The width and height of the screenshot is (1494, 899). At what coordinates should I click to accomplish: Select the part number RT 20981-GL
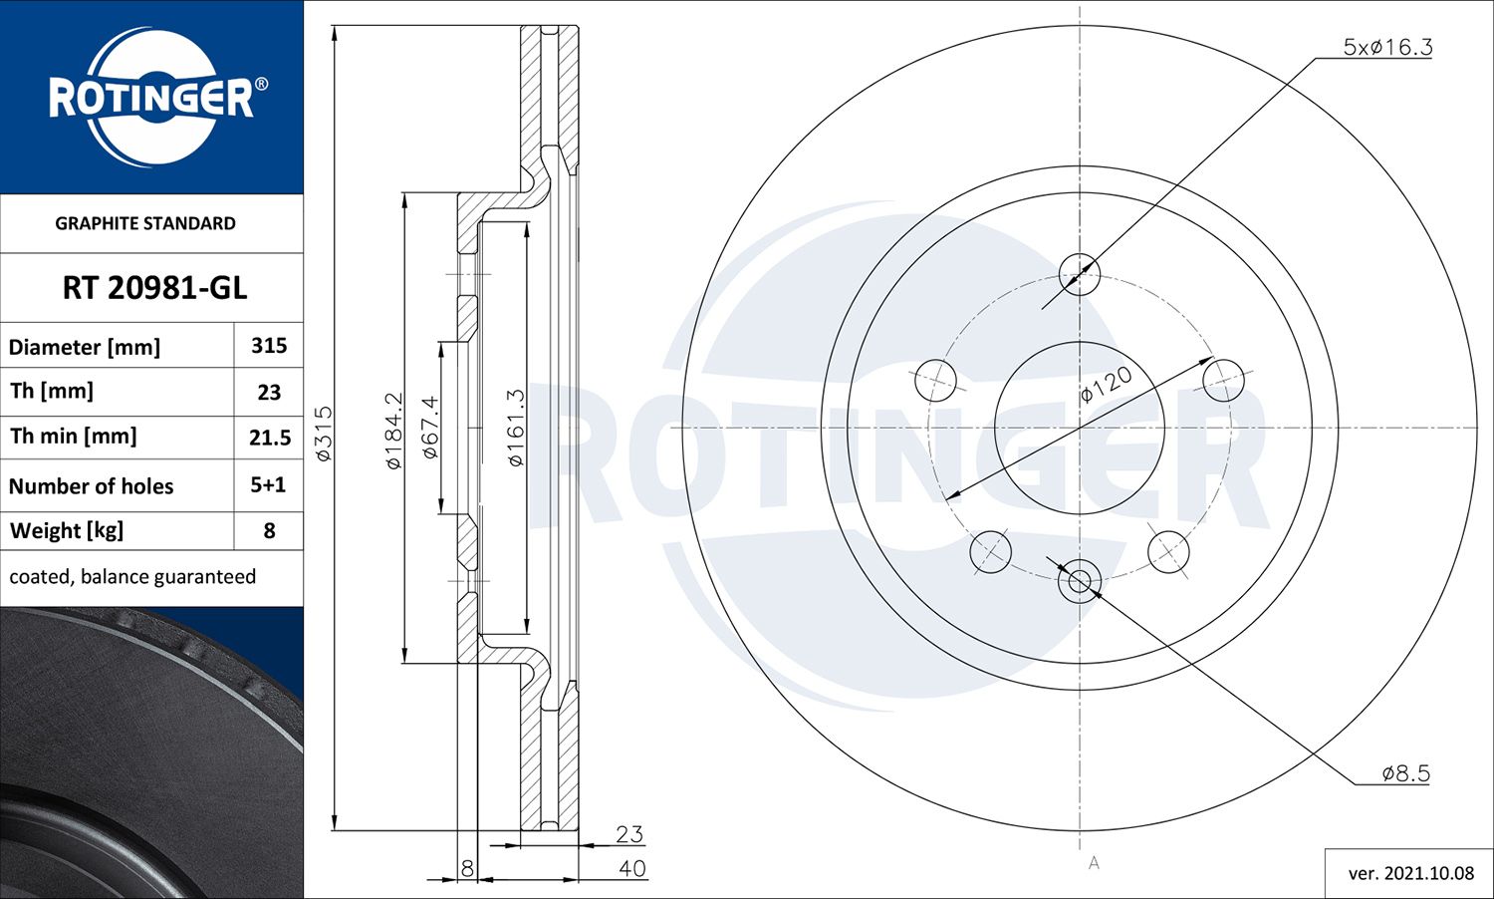pos(154,288)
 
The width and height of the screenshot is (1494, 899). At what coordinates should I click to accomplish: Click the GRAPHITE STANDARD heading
pos(145,223)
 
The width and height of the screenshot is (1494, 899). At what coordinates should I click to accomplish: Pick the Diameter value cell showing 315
pos(269,346)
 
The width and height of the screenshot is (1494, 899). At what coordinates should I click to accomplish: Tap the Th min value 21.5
pos(270,438)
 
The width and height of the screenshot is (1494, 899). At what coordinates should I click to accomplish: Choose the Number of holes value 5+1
pos(268,485)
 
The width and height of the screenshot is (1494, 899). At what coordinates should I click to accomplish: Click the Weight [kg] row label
pos(67,530)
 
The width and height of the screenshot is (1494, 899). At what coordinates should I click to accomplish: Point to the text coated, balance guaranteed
pos(132,577)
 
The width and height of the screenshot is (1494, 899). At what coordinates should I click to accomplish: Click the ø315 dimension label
pos(324,433)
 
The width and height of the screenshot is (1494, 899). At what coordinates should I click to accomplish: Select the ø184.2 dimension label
pos(393,431)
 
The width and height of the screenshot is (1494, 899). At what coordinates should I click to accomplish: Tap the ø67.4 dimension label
pos(430,427)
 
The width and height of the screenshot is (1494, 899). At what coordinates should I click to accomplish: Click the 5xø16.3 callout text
pos(1387,47)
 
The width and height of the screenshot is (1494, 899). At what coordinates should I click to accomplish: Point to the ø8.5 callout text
pos(1405,773)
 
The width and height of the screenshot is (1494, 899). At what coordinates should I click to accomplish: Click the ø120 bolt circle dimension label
pos(1107,384)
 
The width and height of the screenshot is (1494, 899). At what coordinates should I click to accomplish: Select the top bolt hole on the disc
pos(1079,274)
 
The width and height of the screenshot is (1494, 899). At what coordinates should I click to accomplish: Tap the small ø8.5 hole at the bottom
pos(1079,581)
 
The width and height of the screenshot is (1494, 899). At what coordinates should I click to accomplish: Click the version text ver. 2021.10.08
pos(1410,873)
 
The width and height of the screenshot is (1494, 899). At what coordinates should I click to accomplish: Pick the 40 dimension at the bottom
pos(631,869)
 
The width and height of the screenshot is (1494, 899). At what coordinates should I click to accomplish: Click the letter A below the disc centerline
pos(1094,863)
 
